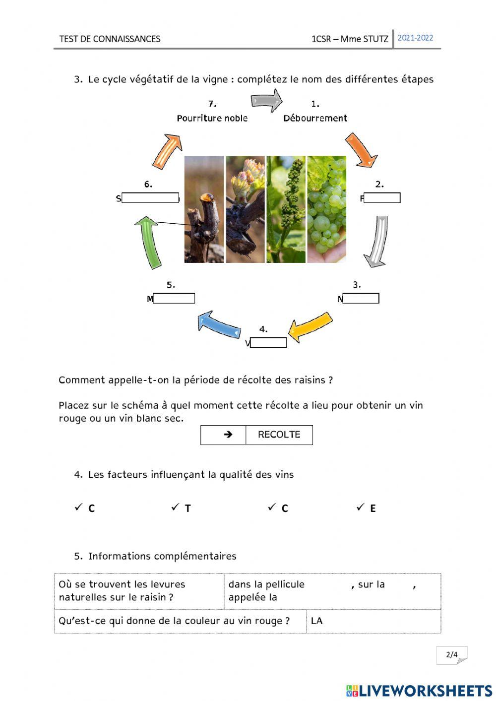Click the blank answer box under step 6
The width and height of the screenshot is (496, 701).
[150, 198]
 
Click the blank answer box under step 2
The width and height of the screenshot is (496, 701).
[381, 198]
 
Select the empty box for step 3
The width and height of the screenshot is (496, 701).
[361, 298]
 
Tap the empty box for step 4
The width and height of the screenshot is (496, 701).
[268, 342]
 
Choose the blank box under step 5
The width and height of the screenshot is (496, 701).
[174, 298]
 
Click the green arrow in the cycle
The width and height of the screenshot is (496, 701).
[149, 242]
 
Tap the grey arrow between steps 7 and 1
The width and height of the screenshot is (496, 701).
[266, 101]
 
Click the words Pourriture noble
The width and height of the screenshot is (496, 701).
[212, 118]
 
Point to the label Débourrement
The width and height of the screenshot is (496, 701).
[315, 118]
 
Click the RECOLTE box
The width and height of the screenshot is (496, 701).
[279, 435]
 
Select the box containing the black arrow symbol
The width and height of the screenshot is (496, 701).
[223, 435]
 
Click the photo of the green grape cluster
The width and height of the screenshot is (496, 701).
[326, 209]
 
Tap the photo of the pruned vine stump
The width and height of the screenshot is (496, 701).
[204, 209]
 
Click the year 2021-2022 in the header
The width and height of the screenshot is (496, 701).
[415, 38]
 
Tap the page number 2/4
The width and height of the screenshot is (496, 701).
[451, 654]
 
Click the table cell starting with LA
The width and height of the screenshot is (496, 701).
[373, 621]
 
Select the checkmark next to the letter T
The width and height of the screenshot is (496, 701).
[175, 507]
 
